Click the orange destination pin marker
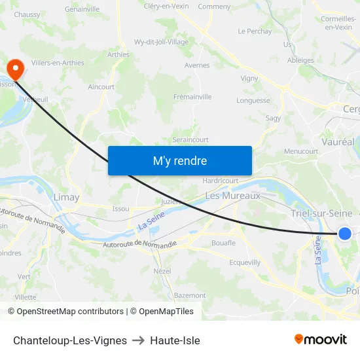[14, 67]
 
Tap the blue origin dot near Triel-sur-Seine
[344, 233]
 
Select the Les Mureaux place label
[232, 195]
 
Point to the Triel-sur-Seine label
[321, 213]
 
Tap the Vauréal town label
[338, 141]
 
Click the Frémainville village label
[192, 97]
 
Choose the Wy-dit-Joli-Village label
[161, 42]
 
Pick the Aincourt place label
[101, 86]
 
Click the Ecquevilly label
[245, 262]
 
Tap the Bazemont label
[190, 295]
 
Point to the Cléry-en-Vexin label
[166, 6]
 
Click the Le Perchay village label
[255, 31]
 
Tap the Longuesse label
[253, 101]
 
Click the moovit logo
[320, 339]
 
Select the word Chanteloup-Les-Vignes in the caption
[70, 340]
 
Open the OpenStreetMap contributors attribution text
[70, 312]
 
